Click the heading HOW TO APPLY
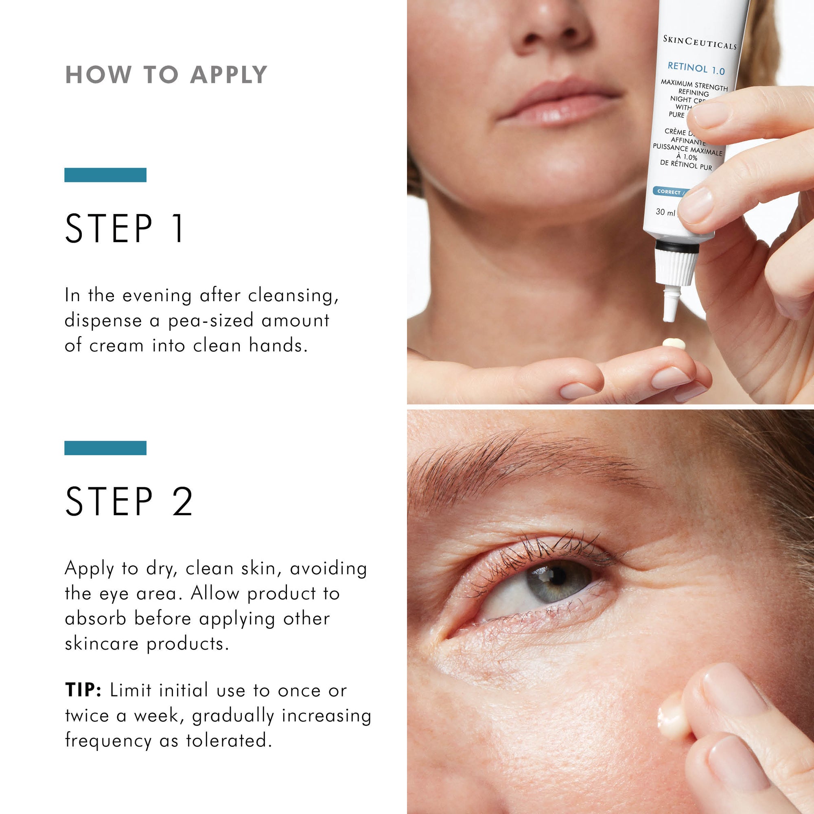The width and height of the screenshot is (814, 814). click(166, 75)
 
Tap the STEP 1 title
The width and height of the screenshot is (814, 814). click(125, 228)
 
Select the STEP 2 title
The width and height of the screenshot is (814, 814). click(129, 501)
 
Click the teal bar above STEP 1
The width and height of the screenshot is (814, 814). click(105, 175)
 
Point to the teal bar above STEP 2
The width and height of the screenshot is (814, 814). click(105, 448)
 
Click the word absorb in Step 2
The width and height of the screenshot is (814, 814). click(96, 619)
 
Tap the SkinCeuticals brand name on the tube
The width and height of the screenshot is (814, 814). click(699, 43)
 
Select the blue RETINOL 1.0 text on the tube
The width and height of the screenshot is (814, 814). click(696, 68)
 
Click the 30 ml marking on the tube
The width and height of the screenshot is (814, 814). click(665, 212)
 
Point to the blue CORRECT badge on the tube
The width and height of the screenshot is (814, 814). click(669, 192)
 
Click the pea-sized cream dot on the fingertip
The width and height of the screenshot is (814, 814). click(674, 344)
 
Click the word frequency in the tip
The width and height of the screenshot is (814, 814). click(108, 741)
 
